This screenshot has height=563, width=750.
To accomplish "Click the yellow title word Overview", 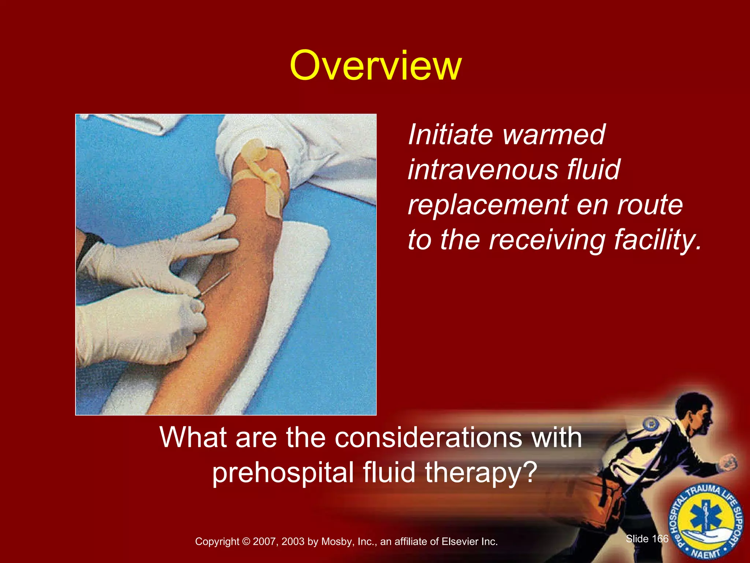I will [375, 66].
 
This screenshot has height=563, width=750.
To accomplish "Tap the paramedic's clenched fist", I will [729, 463].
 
